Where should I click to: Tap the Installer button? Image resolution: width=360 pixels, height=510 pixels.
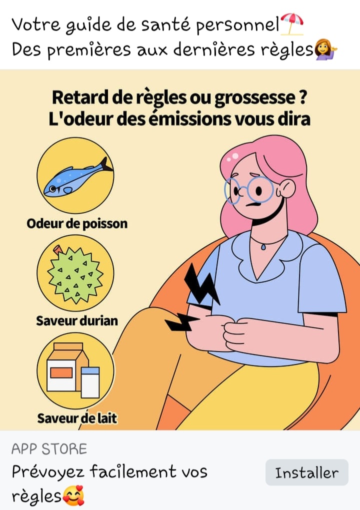[x=306, y=472]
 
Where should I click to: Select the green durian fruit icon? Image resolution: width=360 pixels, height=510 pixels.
[x=75, y=274]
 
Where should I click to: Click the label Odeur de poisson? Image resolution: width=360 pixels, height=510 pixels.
[x=77, y=224]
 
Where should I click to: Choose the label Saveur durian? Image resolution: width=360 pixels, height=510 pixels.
[x=77, y=321]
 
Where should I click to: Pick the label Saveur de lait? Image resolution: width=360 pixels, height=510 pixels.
[x=77, y=418]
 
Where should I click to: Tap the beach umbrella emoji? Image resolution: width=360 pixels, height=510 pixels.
[x=292, y=24]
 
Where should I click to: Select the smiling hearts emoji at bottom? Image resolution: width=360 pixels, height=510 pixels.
[x=73, y=495]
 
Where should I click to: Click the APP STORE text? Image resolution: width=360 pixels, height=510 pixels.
[x=49, y=449]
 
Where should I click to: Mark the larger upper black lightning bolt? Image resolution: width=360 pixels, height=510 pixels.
[x=201, y=285]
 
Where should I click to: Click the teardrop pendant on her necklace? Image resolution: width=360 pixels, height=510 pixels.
[x=263, y=247]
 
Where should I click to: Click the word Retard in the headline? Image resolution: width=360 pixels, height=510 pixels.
[x=80, y=97]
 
